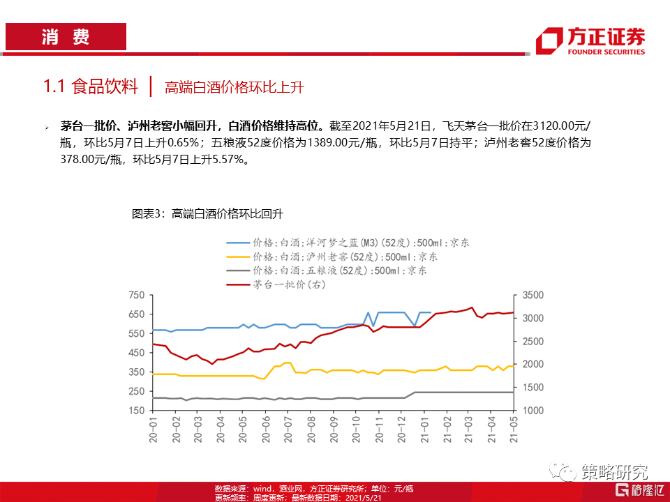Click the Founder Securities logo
coord(590,41)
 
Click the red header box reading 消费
coord(66,37)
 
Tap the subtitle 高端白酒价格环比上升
coord(234,88)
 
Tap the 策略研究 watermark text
coord(614,472)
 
